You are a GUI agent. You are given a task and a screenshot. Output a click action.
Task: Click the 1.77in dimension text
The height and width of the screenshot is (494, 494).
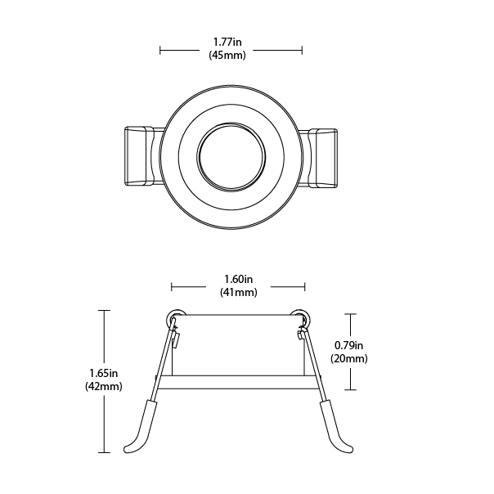point(231,42)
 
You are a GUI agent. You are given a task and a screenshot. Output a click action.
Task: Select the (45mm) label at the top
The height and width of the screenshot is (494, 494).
point(231,55)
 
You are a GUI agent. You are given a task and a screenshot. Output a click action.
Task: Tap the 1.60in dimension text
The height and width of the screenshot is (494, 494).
point(238,278)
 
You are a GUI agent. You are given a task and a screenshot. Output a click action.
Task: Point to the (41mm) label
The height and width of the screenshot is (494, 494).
point(238,292)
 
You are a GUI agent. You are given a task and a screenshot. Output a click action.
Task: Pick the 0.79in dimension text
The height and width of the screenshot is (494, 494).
point(348,344)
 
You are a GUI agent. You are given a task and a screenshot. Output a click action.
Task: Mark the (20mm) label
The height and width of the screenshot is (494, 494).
point(348,358)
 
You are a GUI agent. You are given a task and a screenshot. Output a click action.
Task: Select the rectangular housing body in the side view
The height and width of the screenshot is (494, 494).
point(237,344)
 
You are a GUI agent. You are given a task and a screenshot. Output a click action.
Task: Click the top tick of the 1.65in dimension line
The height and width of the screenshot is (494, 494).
point(103,311)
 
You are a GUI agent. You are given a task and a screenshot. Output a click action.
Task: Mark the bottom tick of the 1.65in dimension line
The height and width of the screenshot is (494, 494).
point(103,451)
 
